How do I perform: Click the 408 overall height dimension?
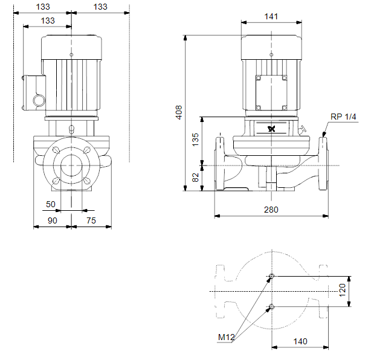(x=179, y=112)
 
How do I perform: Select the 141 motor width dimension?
(x=271, y=16)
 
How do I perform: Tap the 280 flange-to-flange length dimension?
(x=271, y=210)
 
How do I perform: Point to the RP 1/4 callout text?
(x=343, y=117)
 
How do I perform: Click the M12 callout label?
(x=226, y=337)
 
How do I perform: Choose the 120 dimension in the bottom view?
(x=343, y=290)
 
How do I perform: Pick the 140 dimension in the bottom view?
(x=300, y=341)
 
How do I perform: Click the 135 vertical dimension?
(x=195, y=140)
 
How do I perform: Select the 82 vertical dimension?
(x=195, y=178)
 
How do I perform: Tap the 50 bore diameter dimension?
(x=50, y=204)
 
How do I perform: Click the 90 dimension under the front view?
(x=53, y=220)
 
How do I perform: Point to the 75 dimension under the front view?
(x=91, y=220)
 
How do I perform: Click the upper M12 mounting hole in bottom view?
(x=272, y=276)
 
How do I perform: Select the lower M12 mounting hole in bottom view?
(x=272, y=307)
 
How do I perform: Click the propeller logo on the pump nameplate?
(x=272, y=129)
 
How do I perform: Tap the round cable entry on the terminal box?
(x=39, y=100)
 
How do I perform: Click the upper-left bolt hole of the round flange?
(x=56, y=150)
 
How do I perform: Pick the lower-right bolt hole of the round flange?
(x=87, y=181)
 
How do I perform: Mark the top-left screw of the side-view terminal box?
(x=259, y=78)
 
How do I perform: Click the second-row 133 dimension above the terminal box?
(x=48, y=21)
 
